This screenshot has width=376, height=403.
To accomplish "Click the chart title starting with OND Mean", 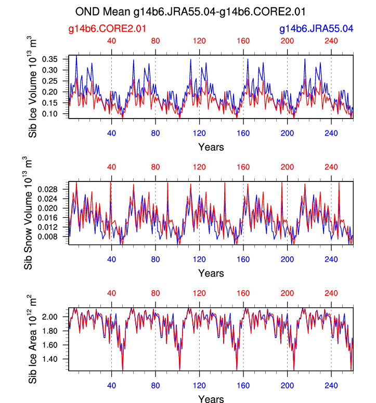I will coord(190,11).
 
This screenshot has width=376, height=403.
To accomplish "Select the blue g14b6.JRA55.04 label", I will coord(316,30).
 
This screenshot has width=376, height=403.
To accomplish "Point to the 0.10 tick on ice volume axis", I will coord(55,114).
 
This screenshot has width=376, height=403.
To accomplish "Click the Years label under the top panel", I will coord(211,147).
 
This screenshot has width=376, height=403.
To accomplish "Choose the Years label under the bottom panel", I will coord(211,399).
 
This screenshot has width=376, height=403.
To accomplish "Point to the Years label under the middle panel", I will coord(211,273).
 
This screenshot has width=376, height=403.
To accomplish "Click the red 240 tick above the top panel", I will coord(331,42).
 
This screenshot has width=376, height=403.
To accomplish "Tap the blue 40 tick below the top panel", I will coord(111,132).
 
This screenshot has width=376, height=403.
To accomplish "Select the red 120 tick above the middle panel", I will coord(199,167).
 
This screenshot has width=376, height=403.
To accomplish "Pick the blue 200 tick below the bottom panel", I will coord(287,385).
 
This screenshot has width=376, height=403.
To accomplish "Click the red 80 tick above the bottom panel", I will coord(155,293).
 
